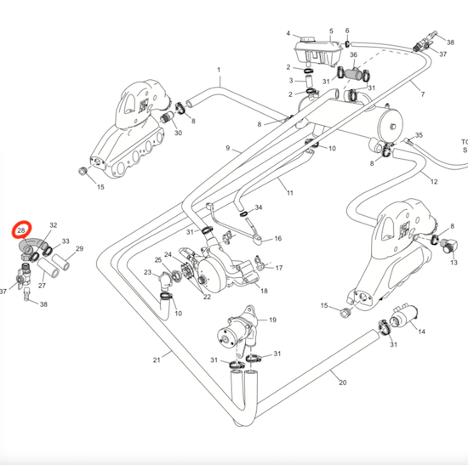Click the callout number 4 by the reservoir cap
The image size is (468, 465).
click(288, 33)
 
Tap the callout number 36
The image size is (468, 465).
click(353, 54)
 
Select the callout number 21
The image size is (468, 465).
click(157, 360)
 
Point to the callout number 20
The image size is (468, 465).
click(343, 383)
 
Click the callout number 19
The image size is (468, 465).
click(272, 320)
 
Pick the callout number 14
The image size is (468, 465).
click(421, 332)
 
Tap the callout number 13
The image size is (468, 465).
click(454, 263)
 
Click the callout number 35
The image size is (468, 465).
click(419, 135)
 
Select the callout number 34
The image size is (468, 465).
click(259, 207)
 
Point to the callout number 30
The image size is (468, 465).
click(178, 133)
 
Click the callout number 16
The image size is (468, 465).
click(278, 238)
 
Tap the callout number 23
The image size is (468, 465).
click(148, 272)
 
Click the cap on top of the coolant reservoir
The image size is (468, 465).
click(307, 40)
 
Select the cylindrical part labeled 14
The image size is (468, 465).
click(403, 316)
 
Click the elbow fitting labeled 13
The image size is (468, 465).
click(449, 246)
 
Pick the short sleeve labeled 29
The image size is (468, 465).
click(61, 262)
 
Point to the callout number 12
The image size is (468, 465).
click(434, 181)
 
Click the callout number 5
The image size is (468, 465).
click(331, 31)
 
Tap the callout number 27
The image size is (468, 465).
click(42, 286)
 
